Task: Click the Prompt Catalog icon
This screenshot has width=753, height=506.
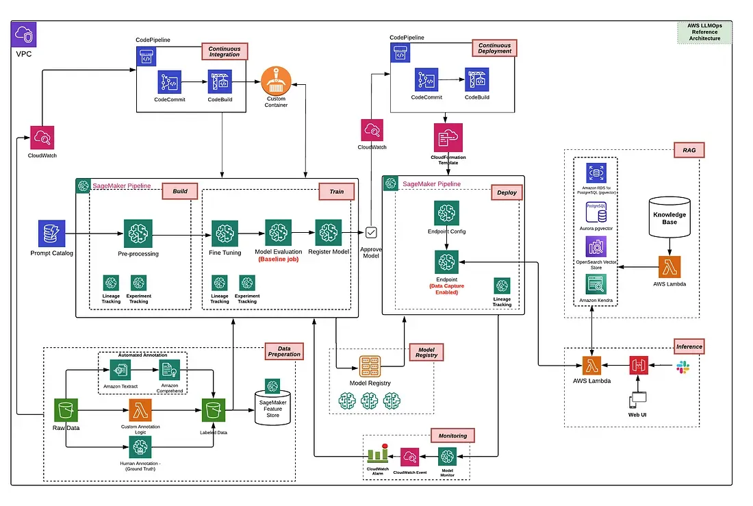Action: (x=51, y=233)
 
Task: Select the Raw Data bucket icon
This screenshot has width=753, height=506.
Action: (x=66, y=410)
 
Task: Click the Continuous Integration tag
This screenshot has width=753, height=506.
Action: (x=225, y=51)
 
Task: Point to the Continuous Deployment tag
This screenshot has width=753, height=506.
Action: (x=494, y=48)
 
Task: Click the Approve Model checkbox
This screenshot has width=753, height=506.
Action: (x=372, y=232)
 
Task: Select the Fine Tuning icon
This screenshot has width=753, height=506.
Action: (x=225, y=233)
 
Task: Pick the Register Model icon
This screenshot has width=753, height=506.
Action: (x=329, y=233)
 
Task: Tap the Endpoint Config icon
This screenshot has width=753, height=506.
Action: (x=446, y=214)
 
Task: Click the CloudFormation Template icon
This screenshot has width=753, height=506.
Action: (x=448, y=138)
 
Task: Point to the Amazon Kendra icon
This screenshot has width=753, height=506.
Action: (x=596, y=285)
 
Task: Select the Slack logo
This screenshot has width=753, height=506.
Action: (x=682, y=368)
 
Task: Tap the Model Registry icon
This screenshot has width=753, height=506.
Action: (x=370, y=366)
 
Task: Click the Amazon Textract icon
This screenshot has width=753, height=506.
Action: (x=120, y=370)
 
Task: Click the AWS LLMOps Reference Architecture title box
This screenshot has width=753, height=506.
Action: (x=704, y=31)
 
